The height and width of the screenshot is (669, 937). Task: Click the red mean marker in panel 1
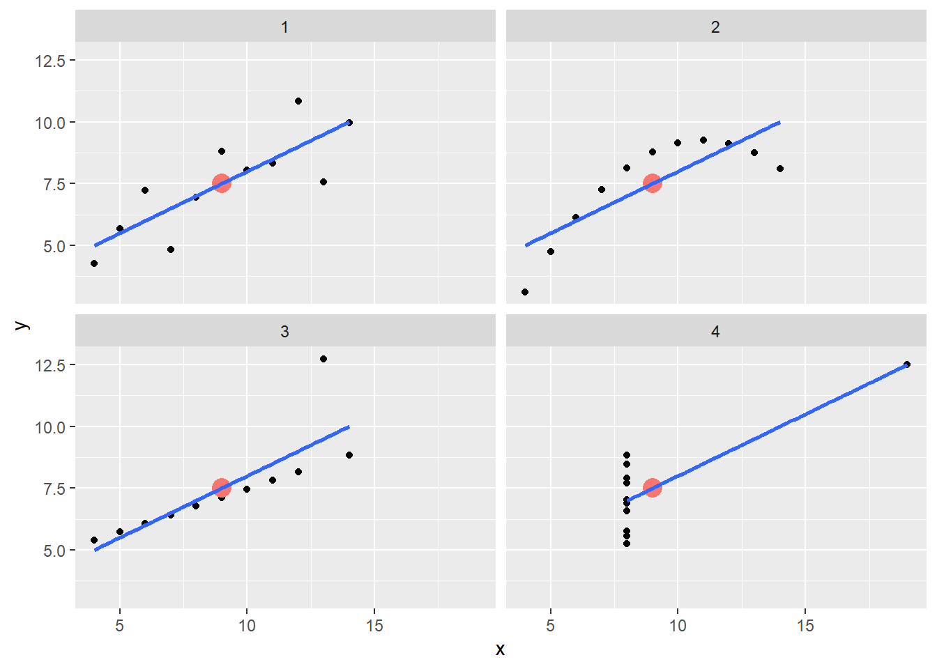[222, 183]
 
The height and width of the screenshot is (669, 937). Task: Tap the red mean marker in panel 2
[653, 183]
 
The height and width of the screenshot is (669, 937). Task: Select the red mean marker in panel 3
[222, 488]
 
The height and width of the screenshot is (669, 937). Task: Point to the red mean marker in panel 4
[653, 488]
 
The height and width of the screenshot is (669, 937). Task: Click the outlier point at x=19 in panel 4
[907, 364]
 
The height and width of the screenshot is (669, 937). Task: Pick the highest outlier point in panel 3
[323, 359]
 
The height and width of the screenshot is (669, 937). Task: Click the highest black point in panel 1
[298, 101]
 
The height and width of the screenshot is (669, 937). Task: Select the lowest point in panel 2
[525, 292]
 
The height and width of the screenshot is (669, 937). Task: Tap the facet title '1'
[284, 27]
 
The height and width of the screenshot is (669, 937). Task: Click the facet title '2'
[715, 27]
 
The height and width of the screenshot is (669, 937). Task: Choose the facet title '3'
[284, 332]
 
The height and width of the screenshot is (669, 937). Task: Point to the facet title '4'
[715, 332]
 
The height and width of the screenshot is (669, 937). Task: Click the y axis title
[22, 325]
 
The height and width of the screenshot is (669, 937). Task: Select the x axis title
[500, 649]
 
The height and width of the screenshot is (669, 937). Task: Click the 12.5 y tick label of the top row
[50, 61]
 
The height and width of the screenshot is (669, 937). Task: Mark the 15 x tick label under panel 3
[374, 626]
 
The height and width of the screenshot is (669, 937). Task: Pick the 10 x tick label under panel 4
[678, 626]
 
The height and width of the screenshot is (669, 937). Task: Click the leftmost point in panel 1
[94, 263]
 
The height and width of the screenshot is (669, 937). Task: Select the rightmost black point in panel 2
[780, 169]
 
